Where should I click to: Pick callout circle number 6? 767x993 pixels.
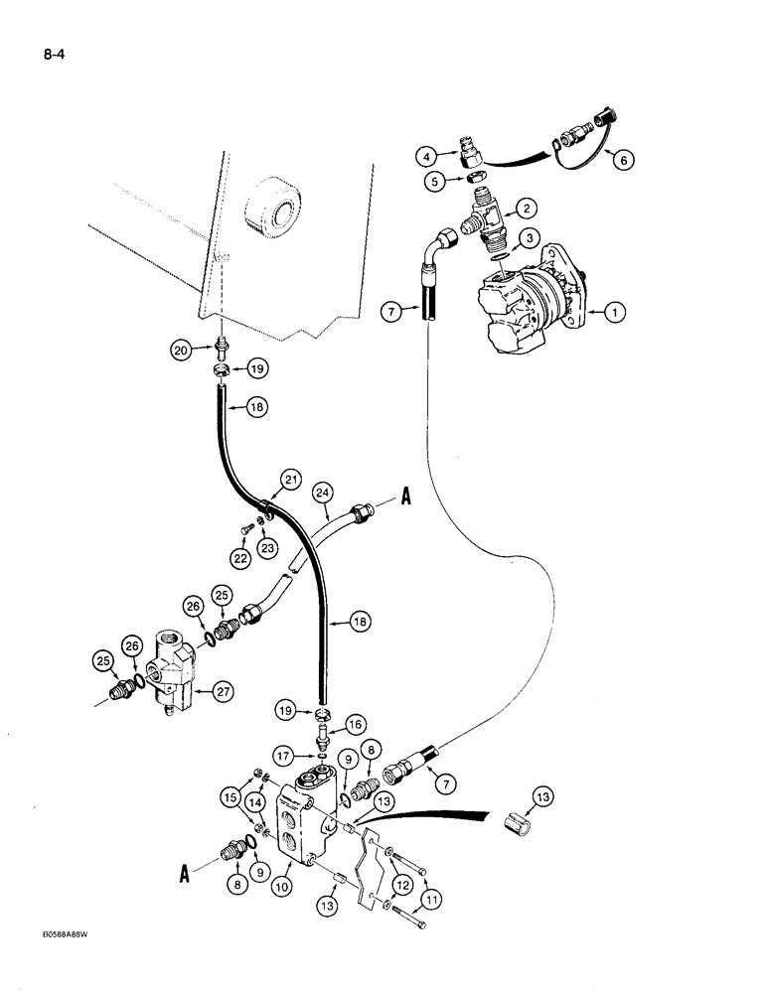pyautogui.click(x=621, y=159)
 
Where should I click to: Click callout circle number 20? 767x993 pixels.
pyautogui.click(x=182, y=349)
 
